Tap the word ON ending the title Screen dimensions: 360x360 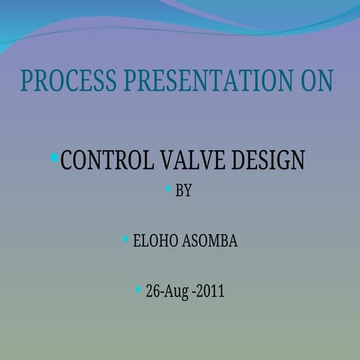pos(316,81)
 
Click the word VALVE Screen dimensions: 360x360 pos(196,160)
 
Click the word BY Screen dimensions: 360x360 pos(184,191)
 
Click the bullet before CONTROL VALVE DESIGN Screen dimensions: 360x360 pos(55,157)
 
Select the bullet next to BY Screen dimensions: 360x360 pos(168,188)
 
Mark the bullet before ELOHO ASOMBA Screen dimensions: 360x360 pos(126,239)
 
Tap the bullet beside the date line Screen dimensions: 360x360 pos(138,289)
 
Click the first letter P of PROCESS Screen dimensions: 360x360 pos(26,81)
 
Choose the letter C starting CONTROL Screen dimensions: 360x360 pos(67,160)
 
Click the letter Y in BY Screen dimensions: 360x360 pos(188,191)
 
